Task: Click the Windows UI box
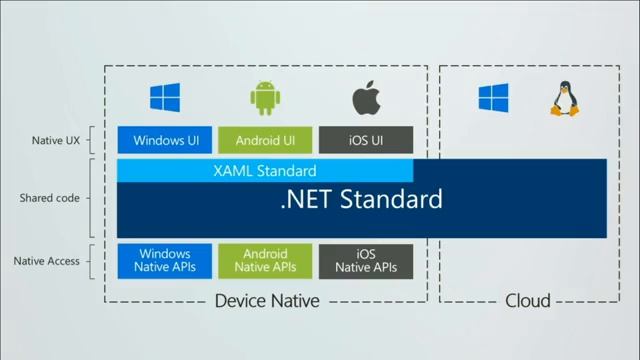pos(165,141)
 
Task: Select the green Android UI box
pos(265,141)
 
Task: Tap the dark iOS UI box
pos(366,141)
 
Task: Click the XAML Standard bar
pos(265,171)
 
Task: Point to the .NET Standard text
pos(361,199)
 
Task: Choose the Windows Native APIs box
pos(165,261)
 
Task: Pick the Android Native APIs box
pos(265,261)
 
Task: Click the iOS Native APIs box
pos(366,261)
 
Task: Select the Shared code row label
pos(49,198)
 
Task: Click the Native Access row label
pos(47,261)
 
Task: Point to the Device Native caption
pos(267,301)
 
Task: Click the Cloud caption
pos(527,301)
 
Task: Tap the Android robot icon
pos(265,98)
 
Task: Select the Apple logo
pos(365,97)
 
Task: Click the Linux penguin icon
pos(560,98)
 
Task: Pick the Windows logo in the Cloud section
pos(493,98)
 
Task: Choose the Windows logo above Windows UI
pos(165,98)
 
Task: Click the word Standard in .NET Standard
pos(391,199)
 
